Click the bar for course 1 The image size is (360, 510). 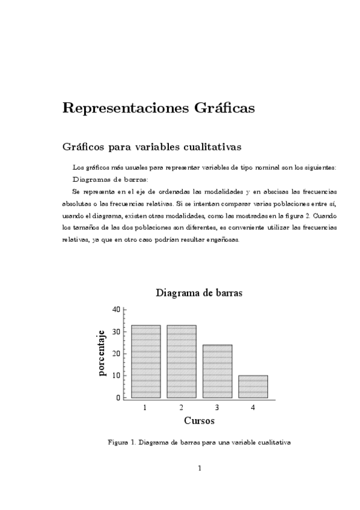(x=145, y=361)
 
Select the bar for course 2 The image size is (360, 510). (x=182, y=361)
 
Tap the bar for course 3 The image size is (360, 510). (x=217, y=371)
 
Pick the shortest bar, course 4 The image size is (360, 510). (x=253, y=387)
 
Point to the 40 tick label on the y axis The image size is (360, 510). (x=116, y=309)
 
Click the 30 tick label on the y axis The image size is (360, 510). (x=116, y=331)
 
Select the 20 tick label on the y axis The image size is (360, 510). (x=116, y=354)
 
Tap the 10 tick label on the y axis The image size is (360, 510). (x=116, y=375)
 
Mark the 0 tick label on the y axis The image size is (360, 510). (x=118, y=398)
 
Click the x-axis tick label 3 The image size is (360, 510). (x=217, y=408)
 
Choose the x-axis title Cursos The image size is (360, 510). (x=199, y=420)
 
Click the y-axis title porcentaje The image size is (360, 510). (x=102, y=353)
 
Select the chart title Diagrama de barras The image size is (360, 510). (x=199, y=293)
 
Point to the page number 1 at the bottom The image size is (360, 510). (x=199, y=469)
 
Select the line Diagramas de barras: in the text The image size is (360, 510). (x=110, y=179)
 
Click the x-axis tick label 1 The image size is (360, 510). (x=145, y=408)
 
